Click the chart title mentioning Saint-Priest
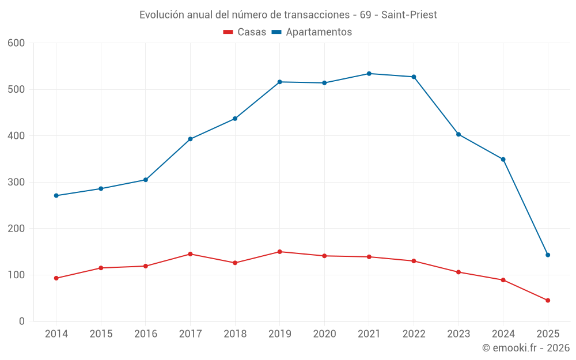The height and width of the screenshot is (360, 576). click(288, 15)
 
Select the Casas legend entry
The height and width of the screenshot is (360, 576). click(245, 32)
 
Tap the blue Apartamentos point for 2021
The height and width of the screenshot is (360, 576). click(369, 74)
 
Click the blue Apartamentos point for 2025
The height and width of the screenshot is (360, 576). click(548, 255)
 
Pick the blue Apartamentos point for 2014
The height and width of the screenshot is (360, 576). click(56, 196)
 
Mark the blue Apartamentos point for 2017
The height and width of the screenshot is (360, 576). click(190, 139)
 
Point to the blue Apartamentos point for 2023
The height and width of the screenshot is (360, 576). click(458, 134)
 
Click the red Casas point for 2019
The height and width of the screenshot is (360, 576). click(280, 252)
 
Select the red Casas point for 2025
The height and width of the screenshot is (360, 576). click(548, 301)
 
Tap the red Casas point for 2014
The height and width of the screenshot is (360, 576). click(56, 278)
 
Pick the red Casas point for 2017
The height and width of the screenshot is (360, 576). click(190, 254)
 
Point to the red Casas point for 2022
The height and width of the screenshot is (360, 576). click(414, 261)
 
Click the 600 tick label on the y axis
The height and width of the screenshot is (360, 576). click(16, 43)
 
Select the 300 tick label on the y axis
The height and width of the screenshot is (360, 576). click(16, 183)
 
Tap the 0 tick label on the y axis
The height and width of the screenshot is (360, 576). click(22, 321)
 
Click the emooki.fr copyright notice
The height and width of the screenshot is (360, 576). click(526, 348)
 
